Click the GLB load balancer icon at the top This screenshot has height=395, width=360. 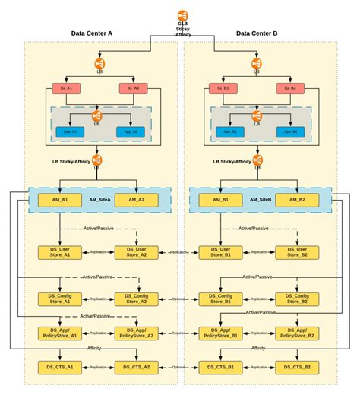[182, 14]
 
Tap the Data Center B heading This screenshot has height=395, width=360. [257, 33]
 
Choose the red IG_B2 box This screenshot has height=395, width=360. [292, 88]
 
